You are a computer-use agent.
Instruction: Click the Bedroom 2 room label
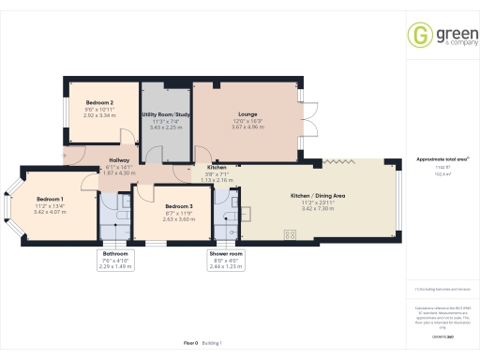click(x=99, y=102)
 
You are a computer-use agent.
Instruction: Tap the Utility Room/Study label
click(x=165, y=114)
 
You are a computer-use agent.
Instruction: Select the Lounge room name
click(x=247, y=114)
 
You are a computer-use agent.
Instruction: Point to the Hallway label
click(x=118, y=160)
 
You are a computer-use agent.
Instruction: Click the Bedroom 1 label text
click(x=50, y=200)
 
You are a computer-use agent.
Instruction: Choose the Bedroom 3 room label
click(x=178, y=206)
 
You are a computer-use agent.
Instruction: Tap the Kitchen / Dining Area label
click(x=318, y=195)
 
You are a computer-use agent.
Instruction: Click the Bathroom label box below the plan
click(x=116, y=253)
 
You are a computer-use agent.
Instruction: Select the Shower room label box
click(x=225, y=253)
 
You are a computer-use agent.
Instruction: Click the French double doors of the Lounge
click(x=309, y=116)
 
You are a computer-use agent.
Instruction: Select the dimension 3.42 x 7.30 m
click(x=318, y=208)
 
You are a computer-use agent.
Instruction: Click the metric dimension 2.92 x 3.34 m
click(x=99, y=116)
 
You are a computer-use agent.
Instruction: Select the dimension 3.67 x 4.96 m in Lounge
click(x=247, y=127)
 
